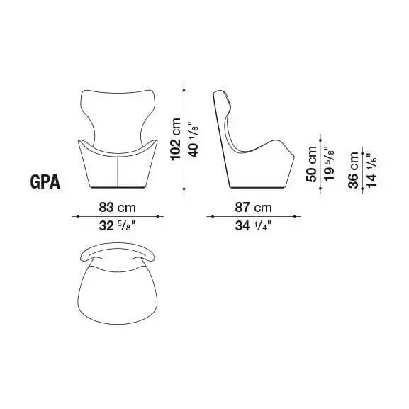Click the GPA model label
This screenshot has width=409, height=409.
coord(45,181)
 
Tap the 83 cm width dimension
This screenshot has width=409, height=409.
coord(118,208)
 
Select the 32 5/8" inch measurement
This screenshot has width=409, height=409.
coord(118,225)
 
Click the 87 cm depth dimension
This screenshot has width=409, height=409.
coord(253,208)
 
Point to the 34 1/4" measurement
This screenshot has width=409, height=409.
coord(253,225)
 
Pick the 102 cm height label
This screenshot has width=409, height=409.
coord(175,139)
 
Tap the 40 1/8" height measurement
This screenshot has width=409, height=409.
coord(194,140)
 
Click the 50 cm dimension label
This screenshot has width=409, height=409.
coord(311,164)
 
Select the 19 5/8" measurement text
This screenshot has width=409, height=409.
coord(329,163)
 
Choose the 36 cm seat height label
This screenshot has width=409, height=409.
coord(354,170)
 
